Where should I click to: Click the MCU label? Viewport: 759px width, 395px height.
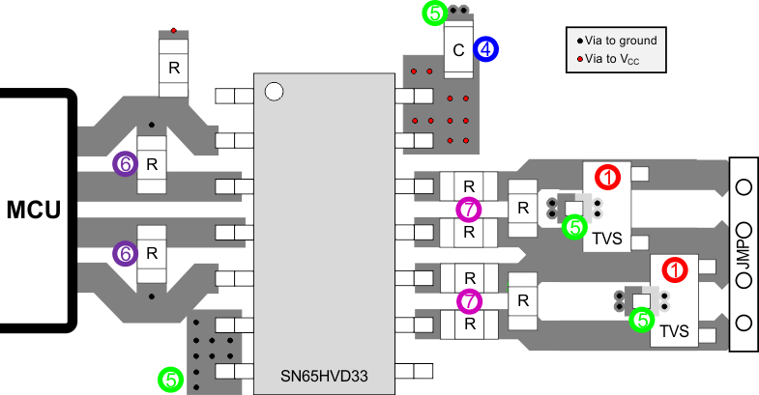(32, 209)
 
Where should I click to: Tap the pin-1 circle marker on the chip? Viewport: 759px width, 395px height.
(274, 92)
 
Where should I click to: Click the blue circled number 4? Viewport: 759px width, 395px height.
(486, 48)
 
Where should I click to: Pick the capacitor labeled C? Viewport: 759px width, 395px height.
(458, 48)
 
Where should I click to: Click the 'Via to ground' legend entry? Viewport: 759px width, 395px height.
(617, 41)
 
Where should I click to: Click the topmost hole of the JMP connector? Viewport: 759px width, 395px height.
(744, 186)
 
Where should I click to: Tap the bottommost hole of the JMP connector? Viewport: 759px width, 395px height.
(744, 322)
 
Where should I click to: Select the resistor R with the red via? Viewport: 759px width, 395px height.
(174, 68)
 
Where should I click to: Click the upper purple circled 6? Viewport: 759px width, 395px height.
(124, 164)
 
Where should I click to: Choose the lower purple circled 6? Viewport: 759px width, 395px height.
(124, 253)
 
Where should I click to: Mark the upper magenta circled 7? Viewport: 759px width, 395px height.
(468, 209)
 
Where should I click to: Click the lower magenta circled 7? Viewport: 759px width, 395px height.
(468, 300)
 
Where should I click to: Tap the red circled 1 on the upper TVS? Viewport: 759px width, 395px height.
(607, 178)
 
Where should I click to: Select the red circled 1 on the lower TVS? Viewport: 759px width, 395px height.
(676, 269)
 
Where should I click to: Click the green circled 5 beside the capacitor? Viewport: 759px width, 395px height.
(435, 14)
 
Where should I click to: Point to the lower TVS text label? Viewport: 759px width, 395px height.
(675, 332)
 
